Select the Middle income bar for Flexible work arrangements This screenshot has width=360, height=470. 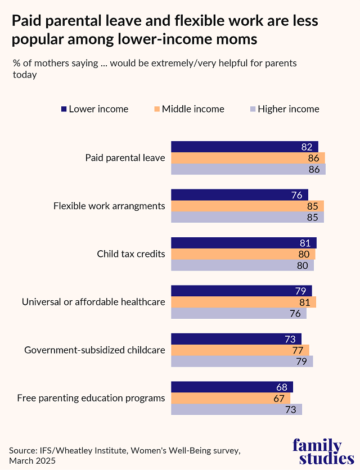[x=247, y=206]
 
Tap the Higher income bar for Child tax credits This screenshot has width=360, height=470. [x=242, y=265]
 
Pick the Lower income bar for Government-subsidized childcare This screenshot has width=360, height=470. [x=236, y=339]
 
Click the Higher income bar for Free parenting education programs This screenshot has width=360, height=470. [x=236, y=410]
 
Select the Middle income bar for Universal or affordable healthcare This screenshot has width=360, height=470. [x=243, y=302]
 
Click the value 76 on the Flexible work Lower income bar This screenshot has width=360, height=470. [x=297, y=195]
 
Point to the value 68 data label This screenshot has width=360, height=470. [x=282, y=387]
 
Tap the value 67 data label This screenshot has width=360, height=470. [x=279, y=399]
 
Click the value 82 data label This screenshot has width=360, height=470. [x=307, y=147]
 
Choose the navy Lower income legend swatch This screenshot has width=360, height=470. [x=64, y=109]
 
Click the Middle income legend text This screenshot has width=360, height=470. [x=193, y=109]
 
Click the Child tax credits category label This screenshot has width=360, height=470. [x=131, y=254]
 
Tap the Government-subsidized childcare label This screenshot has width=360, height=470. [x=94, y=350]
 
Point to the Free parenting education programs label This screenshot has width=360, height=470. [x=91, y=398]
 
